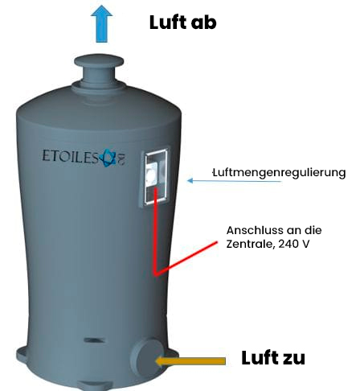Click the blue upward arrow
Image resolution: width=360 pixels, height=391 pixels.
(x=101, y=23)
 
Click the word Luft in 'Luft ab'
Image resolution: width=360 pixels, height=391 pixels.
(x=168, y=23)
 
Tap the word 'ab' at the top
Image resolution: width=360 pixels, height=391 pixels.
(x=204, y=23)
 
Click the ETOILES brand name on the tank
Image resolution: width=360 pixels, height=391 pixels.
(x=71, y=156)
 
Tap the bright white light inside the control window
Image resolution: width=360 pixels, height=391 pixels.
(x=150, y=175)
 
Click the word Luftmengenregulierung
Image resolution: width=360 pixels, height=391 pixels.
(x=280, y=173)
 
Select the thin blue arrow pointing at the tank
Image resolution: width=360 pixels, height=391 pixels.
(x=234, y=181)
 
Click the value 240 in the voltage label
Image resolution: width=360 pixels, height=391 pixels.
(x=288, y=245)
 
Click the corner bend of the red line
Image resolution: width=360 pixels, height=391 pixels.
(x=155, y=274)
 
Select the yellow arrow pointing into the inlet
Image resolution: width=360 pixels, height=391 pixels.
(x=190, y=361)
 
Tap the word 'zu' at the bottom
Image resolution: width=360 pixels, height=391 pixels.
(x=293, y=359)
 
